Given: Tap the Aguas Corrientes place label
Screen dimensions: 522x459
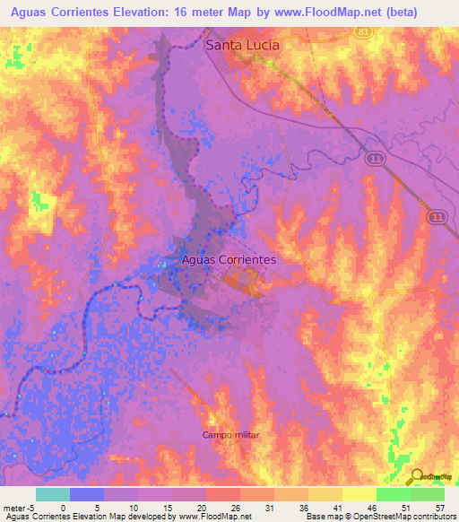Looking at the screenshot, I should (x=229, y=258).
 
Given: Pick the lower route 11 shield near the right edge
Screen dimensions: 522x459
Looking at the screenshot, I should (x=435, y=216).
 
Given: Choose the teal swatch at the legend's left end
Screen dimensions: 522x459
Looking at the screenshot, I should (x=52, y=493).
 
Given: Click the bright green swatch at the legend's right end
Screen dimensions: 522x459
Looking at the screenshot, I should (x=427, y=493).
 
